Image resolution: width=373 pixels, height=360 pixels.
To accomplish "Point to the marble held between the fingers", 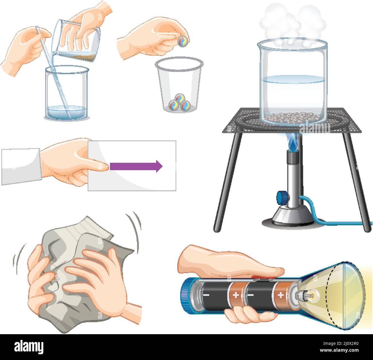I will pyautogui.click(x=182, y=41).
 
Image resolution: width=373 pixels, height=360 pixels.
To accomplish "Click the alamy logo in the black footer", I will pyautogui.click(x=29, y=347).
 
